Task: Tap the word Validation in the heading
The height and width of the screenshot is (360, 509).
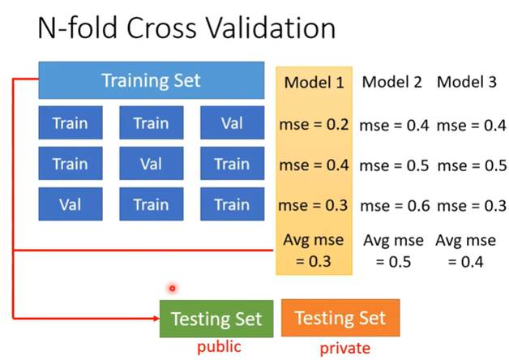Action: (271, 28)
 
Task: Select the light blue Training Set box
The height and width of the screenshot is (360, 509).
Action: (152, 80)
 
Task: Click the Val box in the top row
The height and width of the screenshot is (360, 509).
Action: (232, 122)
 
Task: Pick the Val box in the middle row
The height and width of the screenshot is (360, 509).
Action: (152, 163)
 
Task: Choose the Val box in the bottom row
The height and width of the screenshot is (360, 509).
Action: (71, 204)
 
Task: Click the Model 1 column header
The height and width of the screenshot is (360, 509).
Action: (314, 82)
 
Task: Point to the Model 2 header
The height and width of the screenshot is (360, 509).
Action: (391, 82)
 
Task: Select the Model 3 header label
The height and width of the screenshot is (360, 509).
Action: (467, 82)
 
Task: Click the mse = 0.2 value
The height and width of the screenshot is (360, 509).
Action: (314, 125)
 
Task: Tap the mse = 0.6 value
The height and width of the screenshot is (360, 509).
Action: (395, 206)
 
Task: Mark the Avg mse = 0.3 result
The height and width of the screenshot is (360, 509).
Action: (313, 251)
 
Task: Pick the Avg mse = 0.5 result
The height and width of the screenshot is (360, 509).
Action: (393, 251)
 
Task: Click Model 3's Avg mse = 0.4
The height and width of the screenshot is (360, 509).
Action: (465, 251)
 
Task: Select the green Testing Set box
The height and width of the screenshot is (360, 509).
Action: (216, 319)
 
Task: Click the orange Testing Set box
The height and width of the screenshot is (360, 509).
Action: (340, 318)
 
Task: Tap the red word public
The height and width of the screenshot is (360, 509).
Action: (219, 347)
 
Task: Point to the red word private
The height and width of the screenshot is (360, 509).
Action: (344, 349)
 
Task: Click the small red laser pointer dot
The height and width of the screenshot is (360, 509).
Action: (173, 288)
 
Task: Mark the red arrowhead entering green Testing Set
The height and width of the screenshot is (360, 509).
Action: (156, 319)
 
